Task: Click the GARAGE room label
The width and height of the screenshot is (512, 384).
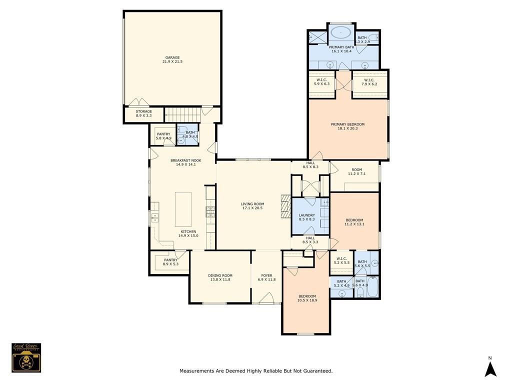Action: (172, 57)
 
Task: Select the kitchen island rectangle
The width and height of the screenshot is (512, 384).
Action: (183, 208)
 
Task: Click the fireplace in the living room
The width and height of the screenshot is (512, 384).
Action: (285, 206)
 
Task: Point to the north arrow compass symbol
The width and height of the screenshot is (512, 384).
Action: (490, 368)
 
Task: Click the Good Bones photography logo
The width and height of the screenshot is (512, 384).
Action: (26, 357)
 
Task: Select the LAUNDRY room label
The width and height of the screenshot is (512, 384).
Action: (307, 215)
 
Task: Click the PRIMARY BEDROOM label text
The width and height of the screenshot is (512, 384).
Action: (347, 124)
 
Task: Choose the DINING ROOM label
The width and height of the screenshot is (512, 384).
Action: (220, 275)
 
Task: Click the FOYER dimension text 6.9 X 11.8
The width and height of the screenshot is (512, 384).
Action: (266, 280)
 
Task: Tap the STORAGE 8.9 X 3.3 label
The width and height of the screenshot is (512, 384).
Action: (143, 115)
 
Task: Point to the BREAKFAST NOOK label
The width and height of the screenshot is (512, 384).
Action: (185, 160)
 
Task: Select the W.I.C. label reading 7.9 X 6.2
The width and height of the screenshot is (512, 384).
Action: (369, 84)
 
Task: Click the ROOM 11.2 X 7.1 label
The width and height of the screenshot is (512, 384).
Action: (356, 174)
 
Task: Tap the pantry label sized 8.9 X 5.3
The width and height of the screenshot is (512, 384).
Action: (170, 263)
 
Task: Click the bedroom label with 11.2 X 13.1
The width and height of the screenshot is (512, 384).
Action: (354, 224)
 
